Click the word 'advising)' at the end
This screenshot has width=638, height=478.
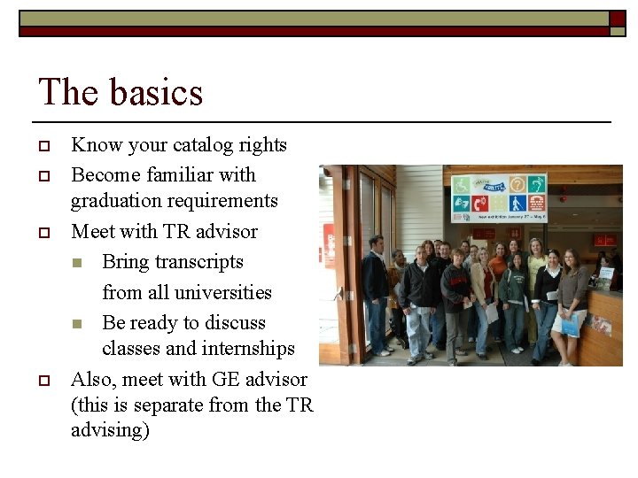click(x=110, y=431)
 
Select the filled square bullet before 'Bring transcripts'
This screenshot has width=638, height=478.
click(x=77, y=263)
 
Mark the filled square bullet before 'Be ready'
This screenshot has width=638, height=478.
click(x=77, y=324)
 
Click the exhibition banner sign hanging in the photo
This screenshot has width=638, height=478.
click(x=498, y=197)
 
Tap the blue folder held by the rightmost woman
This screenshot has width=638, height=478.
click(x=571, y=326)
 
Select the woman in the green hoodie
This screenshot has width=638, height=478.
click(x=514, y=297)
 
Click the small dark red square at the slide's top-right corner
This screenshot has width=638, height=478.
click(x=617, y=18)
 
